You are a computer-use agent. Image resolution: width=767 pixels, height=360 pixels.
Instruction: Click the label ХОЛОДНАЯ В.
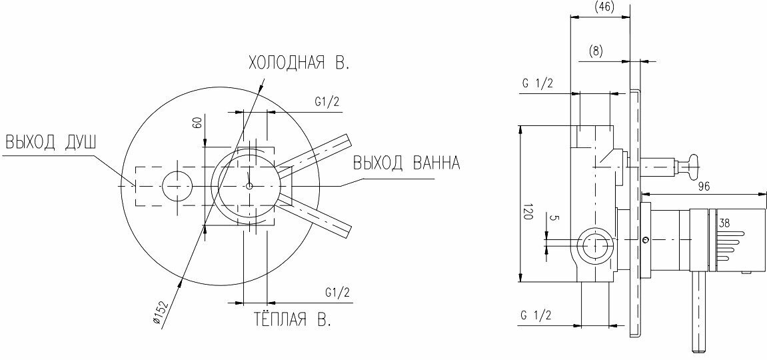point(299,63)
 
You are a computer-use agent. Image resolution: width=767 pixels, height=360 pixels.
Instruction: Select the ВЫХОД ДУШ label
point(51,143)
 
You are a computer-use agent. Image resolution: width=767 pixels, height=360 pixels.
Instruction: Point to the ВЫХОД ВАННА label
point(406,163)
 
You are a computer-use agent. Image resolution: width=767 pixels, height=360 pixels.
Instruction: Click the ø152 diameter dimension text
point(161,311)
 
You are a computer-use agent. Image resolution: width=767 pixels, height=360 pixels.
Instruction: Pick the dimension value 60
point(198,122)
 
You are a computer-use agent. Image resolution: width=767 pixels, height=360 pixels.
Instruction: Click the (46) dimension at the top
point(604,7)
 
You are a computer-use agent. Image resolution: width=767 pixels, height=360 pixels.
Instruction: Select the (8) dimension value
point(595,51)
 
